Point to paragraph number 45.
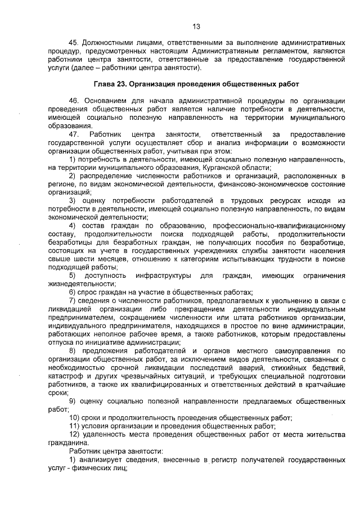(x=74, y=42)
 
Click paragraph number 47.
(x=74, y=135)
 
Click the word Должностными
(x=109, y=42)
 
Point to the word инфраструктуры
(x=161, y=276)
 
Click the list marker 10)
(x=75, y=417)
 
